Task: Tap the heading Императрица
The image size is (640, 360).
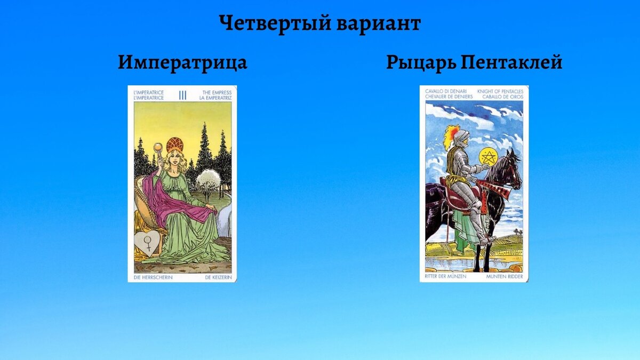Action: (182, 63)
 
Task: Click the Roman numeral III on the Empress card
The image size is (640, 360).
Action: (182, 95)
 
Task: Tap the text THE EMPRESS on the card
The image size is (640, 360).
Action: (217, 92)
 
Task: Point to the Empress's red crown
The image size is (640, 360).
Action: (175, 144)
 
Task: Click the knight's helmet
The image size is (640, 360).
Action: (462, 136)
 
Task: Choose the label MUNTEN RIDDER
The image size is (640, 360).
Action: (504, 277)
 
